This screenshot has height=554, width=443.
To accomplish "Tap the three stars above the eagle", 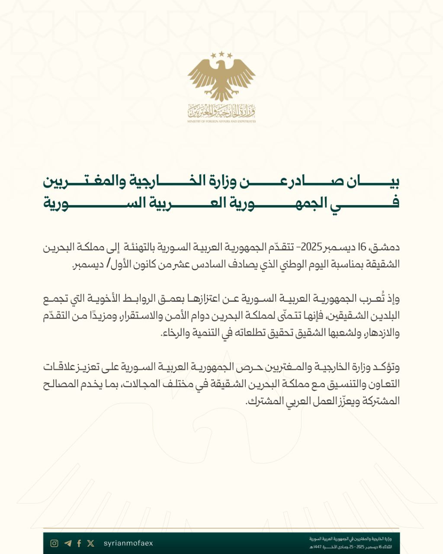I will [221, 55].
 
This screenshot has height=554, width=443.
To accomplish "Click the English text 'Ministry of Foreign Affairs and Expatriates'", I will [221, 122].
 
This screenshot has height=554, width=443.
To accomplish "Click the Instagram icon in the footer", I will [54, 543].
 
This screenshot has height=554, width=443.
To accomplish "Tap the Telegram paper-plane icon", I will [67, 543].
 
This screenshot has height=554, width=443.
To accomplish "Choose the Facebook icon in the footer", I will [79, 543].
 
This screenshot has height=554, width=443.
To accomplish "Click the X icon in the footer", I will [90, 543].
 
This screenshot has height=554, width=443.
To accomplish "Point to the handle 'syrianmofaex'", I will [128, 543].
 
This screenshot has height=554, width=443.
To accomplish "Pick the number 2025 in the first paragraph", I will [311, 248].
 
